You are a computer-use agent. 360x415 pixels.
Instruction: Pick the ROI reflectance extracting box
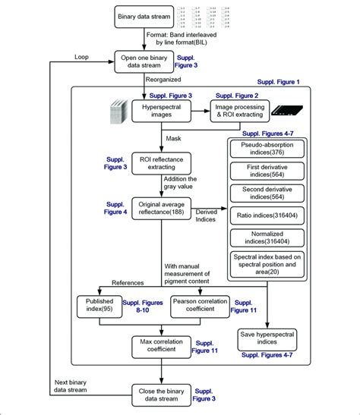162,162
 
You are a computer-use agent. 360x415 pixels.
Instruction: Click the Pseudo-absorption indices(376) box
270,149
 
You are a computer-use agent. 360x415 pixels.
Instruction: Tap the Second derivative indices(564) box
270,194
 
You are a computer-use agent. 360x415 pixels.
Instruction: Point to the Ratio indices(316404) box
270,217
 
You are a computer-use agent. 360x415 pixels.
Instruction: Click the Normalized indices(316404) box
270,241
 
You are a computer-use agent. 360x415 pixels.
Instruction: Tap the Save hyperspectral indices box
270,338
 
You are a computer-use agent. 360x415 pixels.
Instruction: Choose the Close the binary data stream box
162,393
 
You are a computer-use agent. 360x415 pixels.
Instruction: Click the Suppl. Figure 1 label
277,81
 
